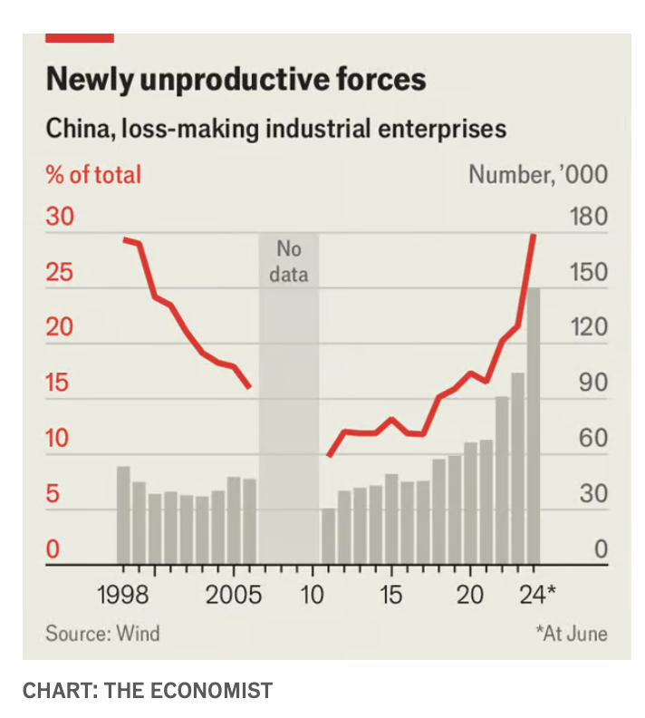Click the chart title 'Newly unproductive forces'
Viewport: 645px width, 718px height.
coord(236,79)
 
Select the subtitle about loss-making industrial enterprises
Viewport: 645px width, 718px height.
coord(275,128)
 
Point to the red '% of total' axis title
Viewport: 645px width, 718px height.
coord(93,173)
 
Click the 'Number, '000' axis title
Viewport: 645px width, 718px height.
coord(538,174)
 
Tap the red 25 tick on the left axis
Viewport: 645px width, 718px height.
coord(59,273)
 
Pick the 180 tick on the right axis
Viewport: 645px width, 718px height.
coord(590,218)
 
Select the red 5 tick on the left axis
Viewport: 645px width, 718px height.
coord(53,495)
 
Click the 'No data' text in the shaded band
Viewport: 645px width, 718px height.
coord(289,261)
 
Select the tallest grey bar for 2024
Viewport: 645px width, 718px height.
coord(534,426)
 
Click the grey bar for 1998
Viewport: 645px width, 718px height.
coord(123,514)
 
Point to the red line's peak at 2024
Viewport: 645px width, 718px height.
coord(534,236)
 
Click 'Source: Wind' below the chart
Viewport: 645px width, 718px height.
coord(102,632)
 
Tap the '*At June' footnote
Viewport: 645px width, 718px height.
coord(571,632)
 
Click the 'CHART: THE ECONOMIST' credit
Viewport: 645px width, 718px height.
coord(147,691)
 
